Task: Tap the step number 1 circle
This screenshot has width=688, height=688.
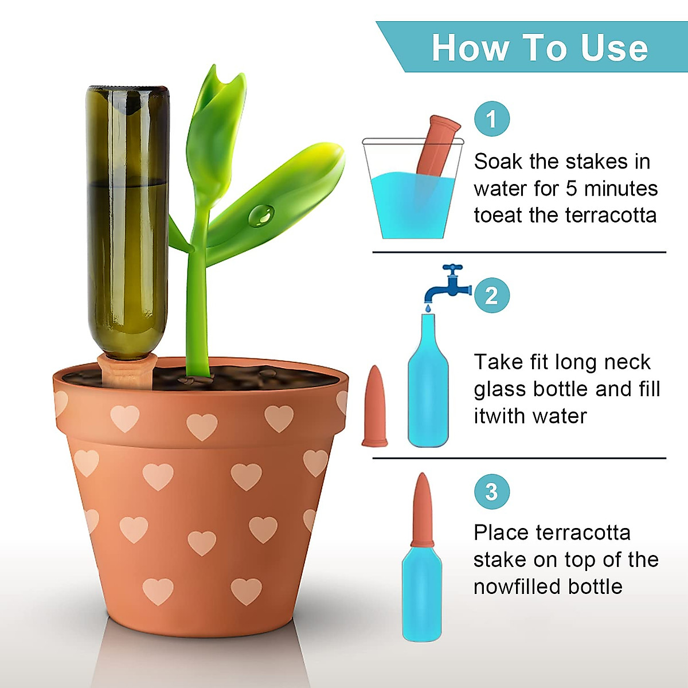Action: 491,119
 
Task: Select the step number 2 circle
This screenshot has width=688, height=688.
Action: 491,296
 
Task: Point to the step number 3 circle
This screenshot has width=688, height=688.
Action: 491,491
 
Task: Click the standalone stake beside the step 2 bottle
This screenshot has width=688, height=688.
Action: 374,407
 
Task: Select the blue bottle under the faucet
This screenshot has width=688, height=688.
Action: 428,390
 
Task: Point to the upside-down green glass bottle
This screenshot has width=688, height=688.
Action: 127,218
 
